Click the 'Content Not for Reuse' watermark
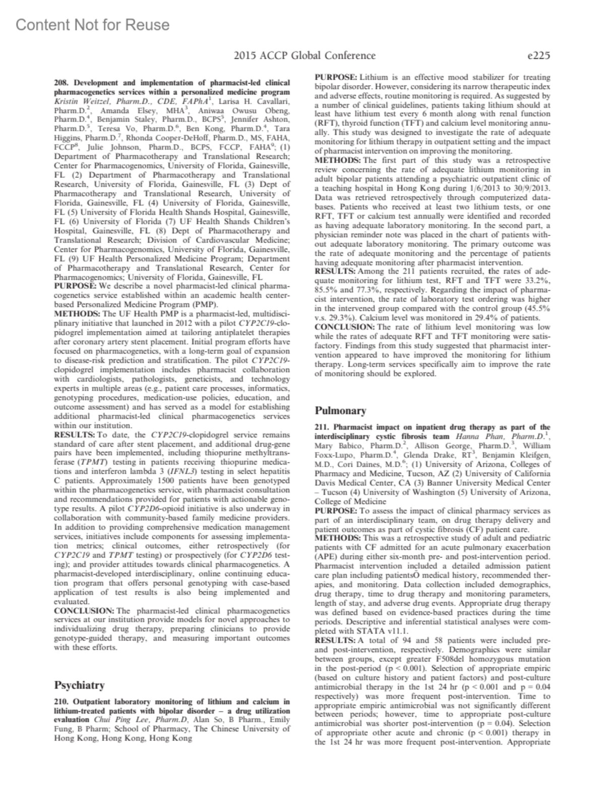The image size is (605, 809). coord(93,24)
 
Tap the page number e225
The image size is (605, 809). coord(537,56)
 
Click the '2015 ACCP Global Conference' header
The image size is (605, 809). coord(305,56)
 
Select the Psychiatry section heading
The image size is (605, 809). coord(79,685)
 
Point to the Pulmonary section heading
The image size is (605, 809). coord(340,410)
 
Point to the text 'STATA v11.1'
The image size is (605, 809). coord(387,631)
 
